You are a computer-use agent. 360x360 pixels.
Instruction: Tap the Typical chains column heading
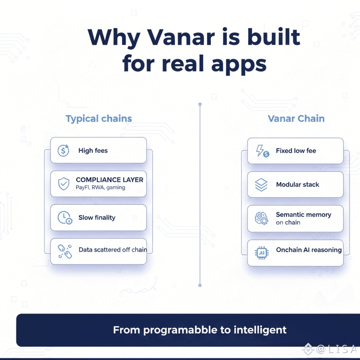click(x=99, y=118)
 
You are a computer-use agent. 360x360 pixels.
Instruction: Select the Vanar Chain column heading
click(x=296, y=118)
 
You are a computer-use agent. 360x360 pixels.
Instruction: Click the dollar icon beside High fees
click(x=63, y=151)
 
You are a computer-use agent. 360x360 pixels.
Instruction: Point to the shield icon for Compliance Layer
click(x=63, y=184)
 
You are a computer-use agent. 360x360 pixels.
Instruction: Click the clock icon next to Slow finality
click(x=64, y=217)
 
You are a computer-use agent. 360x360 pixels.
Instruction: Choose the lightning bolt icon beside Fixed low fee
click(x=262, y=151)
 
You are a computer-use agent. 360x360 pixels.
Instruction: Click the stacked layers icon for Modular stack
click(x=261, y=185)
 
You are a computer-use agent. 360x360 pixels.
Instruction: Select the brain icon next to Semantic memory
click(x=261, y=218)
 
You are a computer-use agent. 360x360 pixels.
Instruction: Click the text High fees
click(x=93, y=151)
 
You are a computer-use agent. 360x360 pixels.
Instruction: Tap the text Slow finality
click(x=97, y=217)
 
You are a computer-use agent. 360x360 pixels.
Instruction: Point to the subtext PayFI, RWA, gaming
click(x=100, y=187)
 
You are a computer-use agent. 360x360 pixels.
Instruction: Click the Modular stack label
click(x=297, y=185)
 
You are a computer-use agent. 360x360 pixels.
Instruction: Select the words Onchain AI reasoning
click(x=309, y=250)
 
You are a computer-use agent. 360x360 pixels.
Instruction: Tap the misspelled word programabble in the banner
click(x=181, y=330)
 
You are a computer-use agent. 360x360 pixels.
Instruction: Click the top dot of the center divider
click(x=200, y=104)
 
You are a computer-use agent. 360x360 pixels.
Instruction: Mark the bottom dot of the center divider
click(x=200, y=285)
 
